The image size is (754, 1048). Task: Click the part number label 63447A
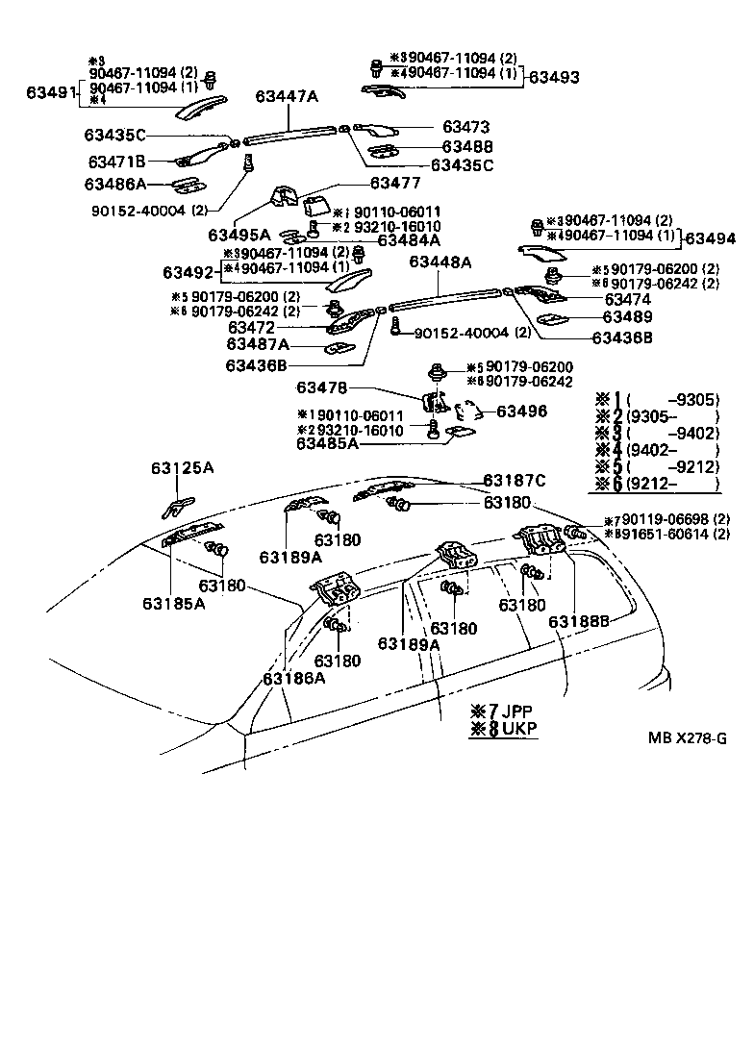click(x=286, y=96)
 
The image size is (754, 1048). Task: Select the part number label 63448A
click(x=440, y=262)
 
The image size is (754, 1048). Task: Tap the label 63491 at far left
click(x=50, y=93)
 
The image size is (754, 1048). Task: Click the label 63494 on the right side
click(x=713, y=238)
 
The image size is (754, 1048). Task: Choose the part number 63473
click(x=466, y=127)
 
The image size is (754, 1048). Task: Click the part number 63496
click(x=521, y=411)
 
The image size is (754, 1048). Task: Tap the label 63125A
click(x=182, y=468)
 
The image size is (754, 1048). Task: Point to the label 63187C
click(x=515, y=480)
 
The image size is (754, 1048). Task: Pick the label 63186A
click(x=293, y=677)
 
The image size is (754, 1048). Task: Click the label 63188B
click(x=579, y=621)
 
